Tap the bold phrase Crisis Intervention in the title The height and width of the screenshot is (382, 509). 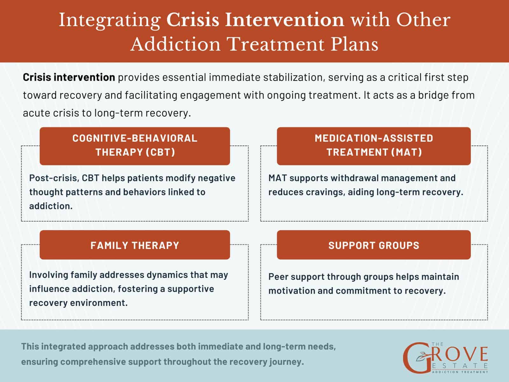pyautogui.click(x=255, y=20)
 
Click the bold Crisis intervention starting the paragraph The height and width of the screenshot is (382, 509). pyautogui.click(x=69, y=77)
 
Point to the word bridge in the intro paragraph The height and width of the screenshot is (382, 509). pyautogui.click(x=425, y=95)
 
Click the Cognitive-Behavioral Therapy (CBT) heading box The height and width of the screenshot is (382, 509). pyautogui.click(x=135, y=145)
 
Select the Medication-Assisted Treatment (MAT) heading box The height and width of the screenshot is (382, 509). pyautogui.click(x=373, y=145)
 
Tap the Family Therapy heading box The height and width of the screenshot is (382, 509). pyautogui.click(x=135, y=245)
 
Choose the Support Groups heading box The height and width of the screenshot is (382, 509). pyautogui.click(x=373, y=245)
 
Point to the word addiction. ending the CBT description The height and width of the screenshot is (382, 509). pyautogui.click(x=51, y=206)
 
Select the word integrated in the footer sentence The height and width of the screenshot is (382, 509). pyautogui.click(x=63, y=346)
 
